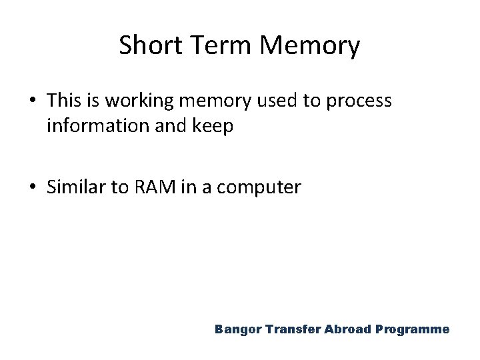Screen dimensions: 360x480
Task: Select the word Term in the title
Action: point(219,46)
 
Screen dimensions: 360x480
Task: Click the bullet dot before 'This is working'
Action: point(33,101)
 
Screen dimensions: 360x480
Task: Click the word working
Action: point(134,102)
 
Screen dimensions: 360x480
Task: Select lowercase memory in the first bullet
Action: point(215,102)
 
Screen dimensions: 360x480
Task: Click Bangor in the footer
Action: point(236,330)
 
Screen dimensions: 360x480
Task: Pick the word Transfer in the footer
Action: point(285,330)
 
